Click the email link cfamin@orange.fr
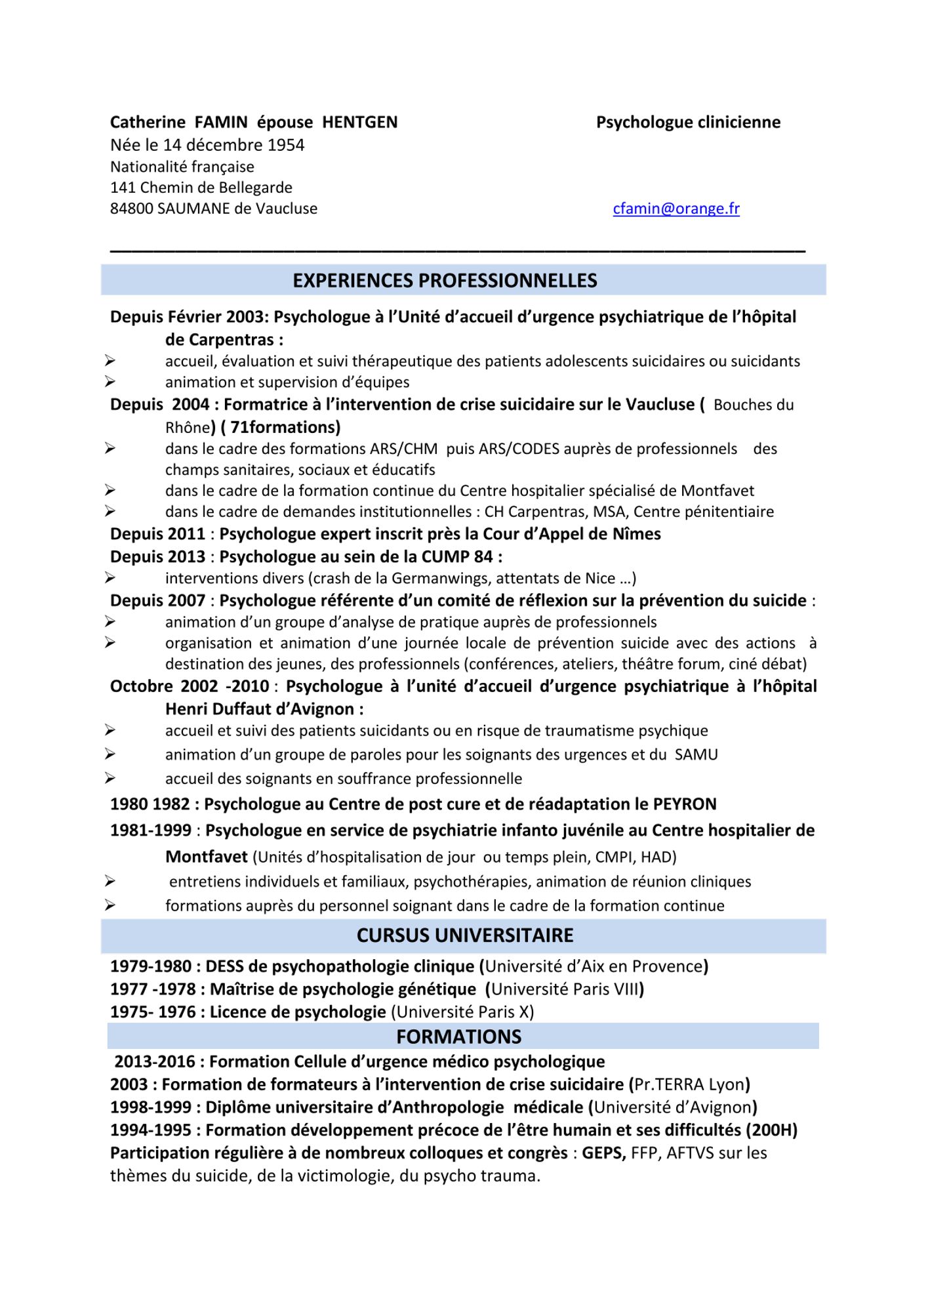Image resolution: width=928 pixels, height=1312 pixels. pyautogui.click(x=676, y=209)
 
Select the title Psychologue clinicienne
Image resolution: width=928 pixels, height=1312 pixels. pyautogui.click(x=688, y=123)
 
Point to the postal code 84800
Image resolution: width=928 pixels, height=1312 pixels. pyautogui.click(x=131, y=209)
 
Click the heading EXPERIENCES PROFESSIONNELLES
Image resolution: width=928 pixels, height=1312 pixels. pyautogui.click(x=445, y=281)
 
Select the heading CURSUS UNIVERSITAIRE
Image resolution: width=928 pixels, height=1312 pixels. pyautogui.click(x=464, y=935)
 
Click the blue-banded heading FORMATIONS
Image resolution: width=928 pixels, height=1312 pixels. pyautogui.click(x=458, y=1036)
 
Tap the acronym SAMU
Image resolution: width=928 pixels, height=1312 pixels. pyautogui.click(x=696, y=754)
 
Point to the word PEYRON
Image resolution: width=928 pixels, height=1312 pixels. pyautogui.click(x=685, y=804)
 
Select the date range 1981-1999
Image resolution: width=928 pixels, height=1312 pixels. pyautogui.click(x=151, y=830)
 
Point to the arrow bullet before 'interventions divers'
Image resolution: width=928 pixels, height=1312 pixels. pyautogui.click(x=110, y=578)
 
